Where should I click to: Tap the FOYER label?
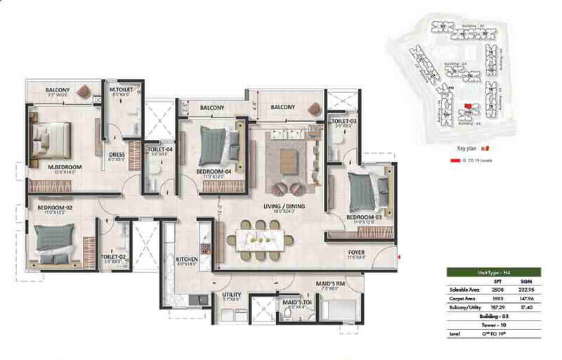coord(357,252)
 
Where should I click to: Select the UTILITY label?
coord(232,295)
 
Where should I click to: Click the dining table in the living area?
coord(260,240)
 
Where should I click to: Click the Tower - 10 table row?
coord(499,325)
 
